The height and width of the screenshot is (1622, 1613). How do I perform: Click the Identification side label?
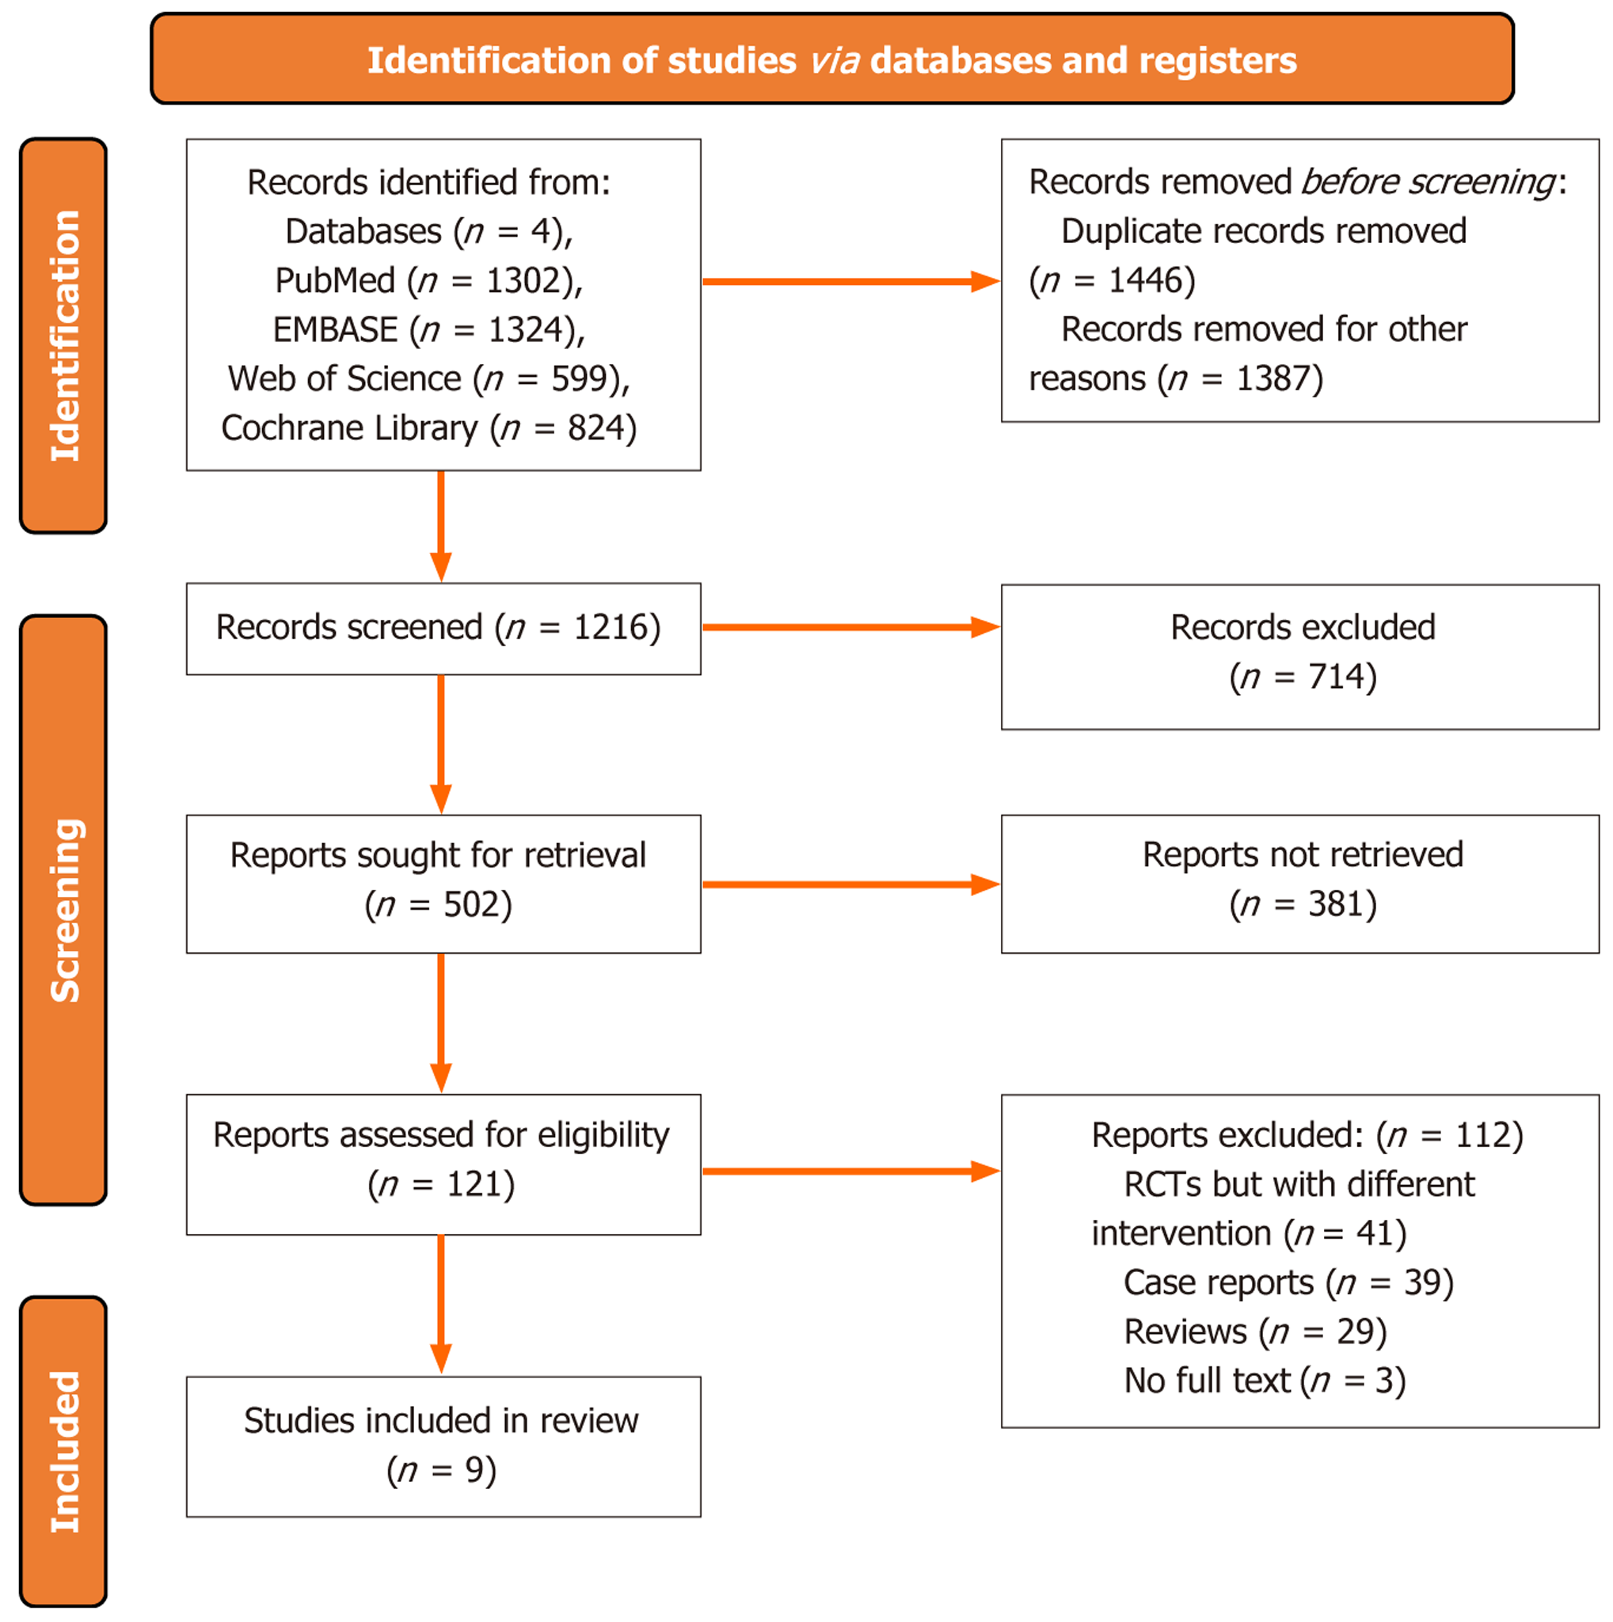pyautogui.click(x=64, y=335)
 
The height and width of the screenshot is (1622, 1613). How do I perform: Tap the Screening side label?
pyautogui.click(x=64, y=910)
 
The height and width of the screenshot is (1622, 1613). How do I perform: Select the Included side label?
pyautogui.click(x=64, y=1452)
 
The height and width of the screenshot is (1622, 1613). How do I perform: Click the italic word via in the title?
pyautogui.click(x=834, y=60)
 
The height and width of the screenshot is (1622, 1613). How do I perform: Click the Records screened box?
pyautogui.click(x=443, y=628)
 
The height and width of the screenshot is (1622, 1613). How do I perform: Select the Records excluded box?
pyautogui.click(x=1299, y=656)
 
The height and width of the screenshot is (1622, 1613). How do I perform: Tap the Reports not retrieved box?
pyautogui.click(x=1299, y=883)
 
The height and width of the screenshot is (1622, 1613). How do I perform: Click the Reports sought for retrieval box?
pyautogui.click(x=443, y=883)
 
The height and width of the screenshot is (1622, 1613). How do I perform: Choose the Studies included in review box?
pyautogui.click(x=443, y=1445)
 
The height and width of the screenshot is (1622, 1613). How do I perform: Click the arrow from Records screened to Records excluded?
pyautogui.click(x=848, y=627)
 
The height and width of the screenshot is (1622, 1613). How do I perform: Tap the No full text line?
pyautogui.click(x=1264, y=1381)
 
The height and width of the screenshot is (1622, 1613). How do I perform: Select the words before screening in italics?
pyautogui.click(x=1428, y=182)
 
